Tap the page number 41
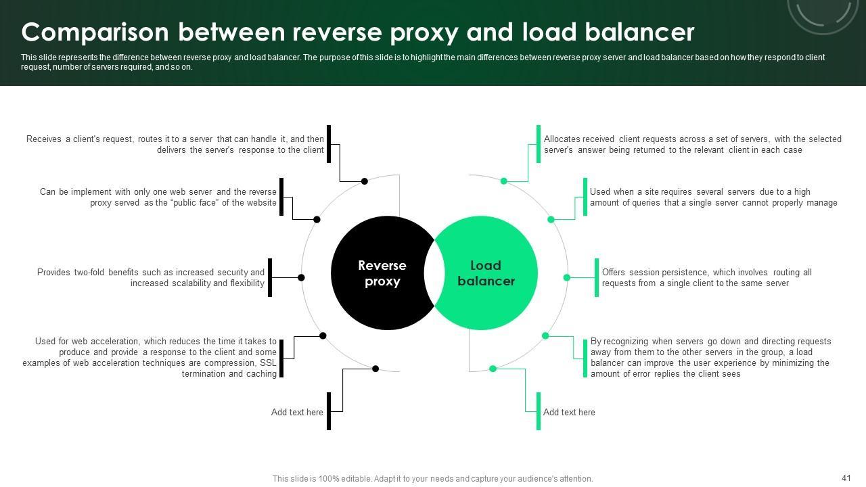846,478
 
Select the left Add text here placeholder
297,412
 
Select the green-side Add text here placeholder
569,412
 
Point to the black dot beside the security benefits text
301,277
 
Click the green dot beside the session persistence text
567,277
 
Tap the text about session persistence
706,277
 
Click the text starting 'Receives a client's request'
175,144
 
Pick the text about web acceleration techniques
150,357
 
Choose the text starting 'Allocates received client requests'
692,144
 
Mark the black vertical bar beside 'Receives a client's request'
329,143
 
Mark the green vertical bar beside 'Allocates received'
539,143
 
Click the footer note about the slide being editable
432,478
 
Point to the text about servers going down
710,357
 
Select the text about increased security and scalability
151,277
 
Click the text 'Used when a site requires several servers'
713,197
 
